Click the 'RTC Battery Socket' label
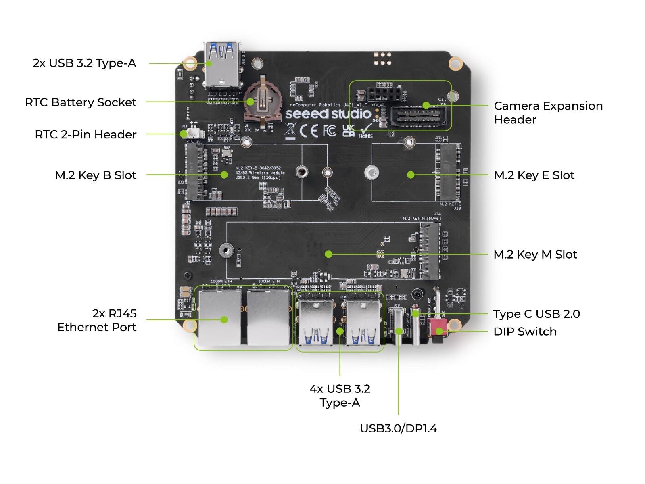click(x=81, y=102)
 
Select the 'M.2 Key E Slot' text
click(x=534, y=175)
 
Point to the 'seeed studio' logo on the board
click(x=328, y=114)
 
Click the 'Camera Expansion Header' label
click(x=548, y=113)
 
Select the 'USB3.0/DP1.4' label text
click(x=398, y=428)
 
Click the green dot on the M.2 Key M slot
click(x=329, y=254)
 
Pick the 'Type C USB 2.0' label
click(x=536, y=314)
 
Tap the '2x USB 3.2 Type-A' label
click(x=84, y=63)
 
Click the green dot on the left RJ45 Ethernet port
click(x=224, y=320)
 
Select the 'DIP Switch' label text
click(x=525, y=332)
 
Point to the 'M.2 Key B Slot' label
click(x=96, y=175)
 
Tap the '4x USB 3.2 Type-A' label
click(x=340, y=395)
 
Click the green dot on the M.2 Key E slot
click(x=411, y=175)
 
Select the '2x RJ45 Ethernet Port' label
click(x=97, y=320)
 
